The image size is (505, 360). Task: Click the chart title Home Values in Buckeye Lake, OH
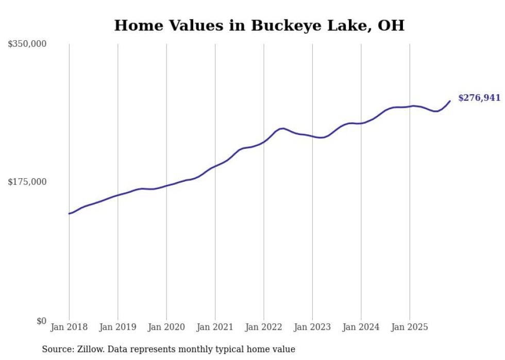click(259, 25)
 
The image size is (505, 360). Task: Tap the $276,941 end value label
click(479, 98)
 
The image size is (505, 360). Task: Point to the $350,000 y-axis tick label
click(27, 44)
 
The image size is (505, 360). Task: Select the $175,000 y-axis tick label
click(27, 182)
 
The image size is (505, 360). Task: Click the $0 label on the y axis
click(41, 321)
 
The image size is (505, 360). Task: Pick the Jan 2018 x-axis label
click(69, 327)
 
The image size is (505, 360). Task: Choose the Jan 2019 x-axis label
click(118, 327)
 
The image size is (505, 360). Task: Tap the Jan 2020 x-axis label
click(166, 327)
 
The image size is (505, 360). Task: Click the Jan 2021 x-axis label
click(215, 327)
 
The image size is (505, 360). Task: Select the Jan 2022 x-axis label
click(264, 327)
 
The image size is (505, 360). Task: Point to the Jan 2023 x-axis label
click(312, 327)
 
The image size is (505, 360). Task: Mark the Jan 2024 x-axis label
click(361, 327)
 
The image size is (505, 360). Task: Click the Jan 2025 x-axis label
click(410, 327)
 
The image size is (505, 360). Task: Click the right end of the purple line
click(450, 101)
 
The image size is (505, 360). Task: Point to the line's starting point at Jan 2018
click(69, 213)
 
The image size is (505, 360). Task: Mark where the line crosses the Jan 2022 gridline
click(264, 141)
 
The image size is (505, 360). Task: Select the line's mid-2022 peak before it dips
click(282, 128)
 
